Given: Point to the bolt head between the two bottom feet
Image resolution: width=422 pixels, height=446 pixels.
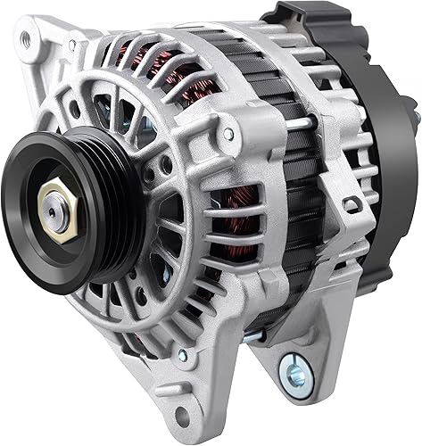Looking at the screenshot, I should click(x=253, y=336).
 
